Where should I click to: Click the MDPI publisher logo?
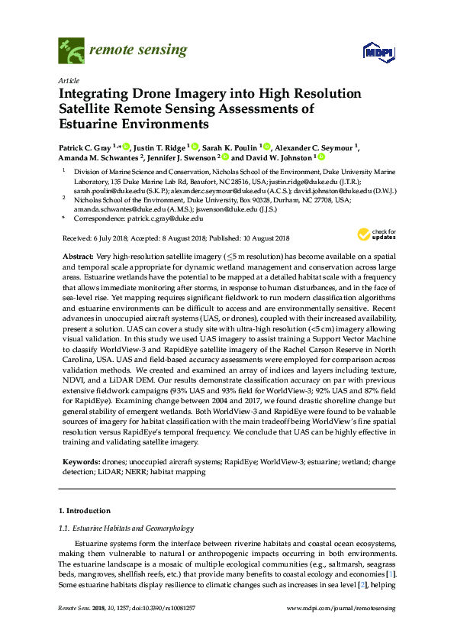pos(372,52)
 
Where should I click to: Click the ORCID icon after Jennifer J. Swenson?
pos(224,158)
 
